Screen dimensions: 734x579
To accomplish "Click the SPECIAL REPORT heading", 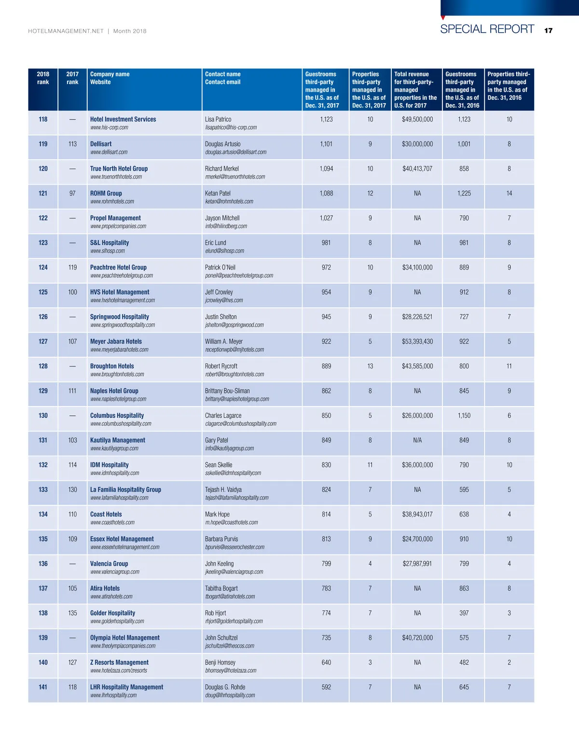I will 487,29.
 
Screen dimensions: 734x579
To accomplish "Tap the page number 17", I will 548,30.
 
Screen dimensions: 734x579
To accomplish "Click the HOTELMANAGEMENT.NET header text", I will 66,31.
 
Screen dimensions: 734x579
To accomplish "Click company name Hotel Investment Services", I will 123,119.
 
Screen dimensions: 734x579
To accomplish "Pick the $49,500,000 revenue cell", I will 417,119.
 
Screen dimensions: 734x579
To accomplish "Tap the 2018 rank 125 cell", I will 43,292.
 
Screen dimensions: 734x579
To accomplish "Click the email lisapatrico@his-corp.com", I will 231,128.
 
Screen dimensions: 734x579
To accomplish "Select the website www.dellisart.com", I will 109,152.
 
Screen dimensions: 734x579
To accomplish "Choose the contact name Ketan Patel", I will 218,193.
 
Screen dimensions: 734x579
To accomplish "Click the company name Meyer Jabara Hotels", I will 116,341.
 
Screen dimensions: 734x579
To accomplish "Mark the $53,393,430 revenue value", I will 417,341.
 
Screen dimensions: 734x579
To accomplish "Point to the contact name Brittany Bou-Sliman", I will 227,391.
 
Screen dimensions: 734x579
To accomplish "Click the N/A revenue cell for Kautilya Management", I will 417,440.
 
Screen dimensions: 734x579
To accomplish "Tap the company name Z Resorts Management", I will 119,663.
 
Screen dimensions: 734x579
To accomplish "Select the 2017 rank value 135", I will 72,613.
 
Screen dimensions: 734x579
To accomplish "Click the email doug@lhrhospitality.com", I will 230,695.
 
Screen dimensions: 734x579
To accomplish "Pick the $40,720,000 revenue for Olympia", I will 417,638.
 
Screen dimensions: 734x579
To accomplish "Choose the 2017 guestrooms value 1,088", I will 326,193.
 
